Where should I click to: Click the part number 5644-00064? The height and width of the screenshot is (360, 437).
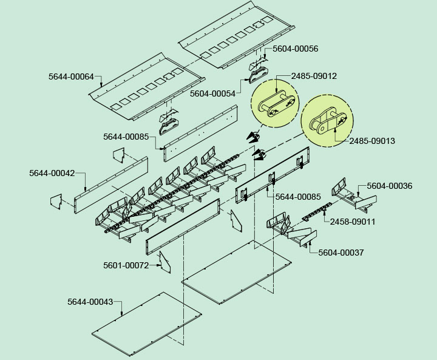coord(71,76)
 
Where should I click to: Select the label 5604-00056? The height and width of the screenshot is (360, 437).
coord(296,49)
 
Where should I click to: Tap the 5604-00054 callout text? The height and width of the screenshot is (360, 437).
coord(212,93)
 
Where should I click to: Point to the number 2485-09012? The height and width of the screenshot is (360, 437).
coord(314,76)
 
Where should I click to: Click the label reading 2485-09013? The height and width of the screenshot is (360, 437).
coord(372,141)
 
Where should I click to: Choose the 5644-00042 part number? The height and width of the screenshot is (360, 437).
coord(52,173)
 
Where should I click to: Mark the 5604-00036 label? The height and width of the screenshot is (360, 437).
coord(390,186)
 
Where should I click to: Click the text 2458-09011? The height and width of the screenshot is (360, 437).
coord(353,222)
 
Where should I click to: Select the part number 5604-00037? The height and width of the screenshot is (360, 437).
coord(341,253)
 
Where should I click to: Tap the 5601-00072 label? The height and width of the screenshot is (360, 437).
coord(126,265)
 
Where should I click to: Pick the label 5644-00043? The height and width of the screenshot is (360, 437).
coord(90,302)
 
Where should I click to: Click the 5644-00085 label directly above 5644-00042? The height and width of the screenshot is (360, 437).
coord(126,137)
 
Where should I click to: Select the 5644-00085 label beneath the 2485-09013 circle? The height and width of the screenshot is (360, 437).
coord(298,197)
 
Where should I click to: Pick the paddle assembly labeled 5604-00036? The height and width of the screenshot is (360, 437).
coord(348,193)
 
